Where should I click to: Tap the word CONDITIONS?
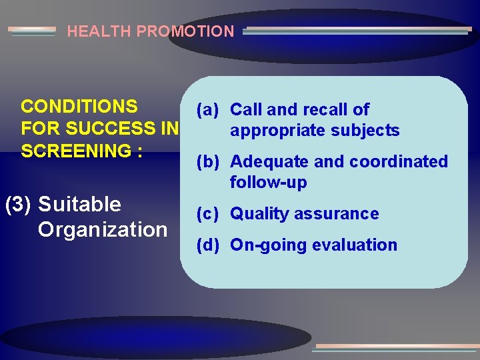[x=79, y=107]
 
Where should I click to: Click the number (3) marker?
[x=18, y=204]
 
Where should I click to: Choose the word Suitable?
[x=80, y=204]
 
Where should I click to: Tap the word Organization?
[x=103, y=229]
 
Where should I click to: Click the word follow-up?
[x=268, y=182]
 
